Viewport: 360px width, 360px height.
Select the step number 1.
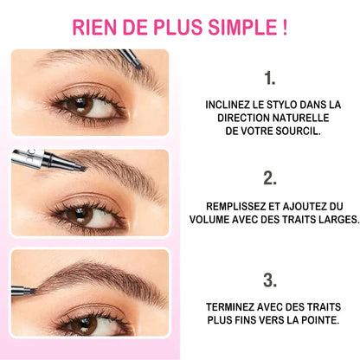click(270, 78)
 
